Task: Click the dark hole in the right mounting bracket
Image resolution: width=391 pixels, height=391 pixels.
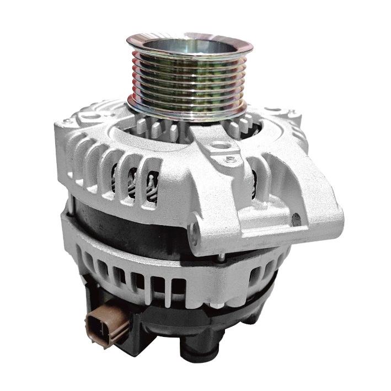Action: (296, 220)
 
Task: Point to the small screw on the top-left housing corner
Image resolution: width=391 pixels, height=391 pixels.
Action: (67, 122)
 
